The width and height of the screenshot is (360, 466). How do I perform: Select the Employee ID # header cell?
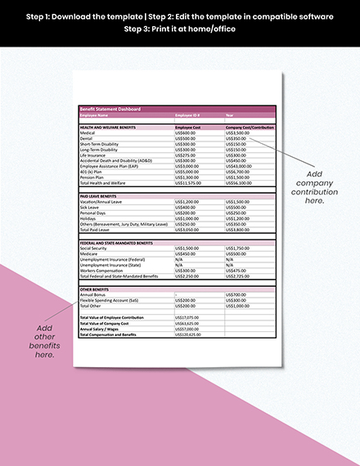pos(189,116)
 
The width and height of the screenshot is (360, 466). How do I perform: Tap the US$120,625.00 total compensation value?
pos(189,334)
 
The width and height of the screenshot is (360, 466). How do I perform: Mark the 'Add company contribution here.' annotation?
pos(313,188)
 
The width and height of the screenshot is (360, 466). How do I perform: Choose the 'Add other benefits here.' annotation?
pos(45,342)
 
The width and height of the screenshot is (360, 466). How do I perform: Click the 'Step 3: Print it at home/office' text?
pos(179,29)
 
